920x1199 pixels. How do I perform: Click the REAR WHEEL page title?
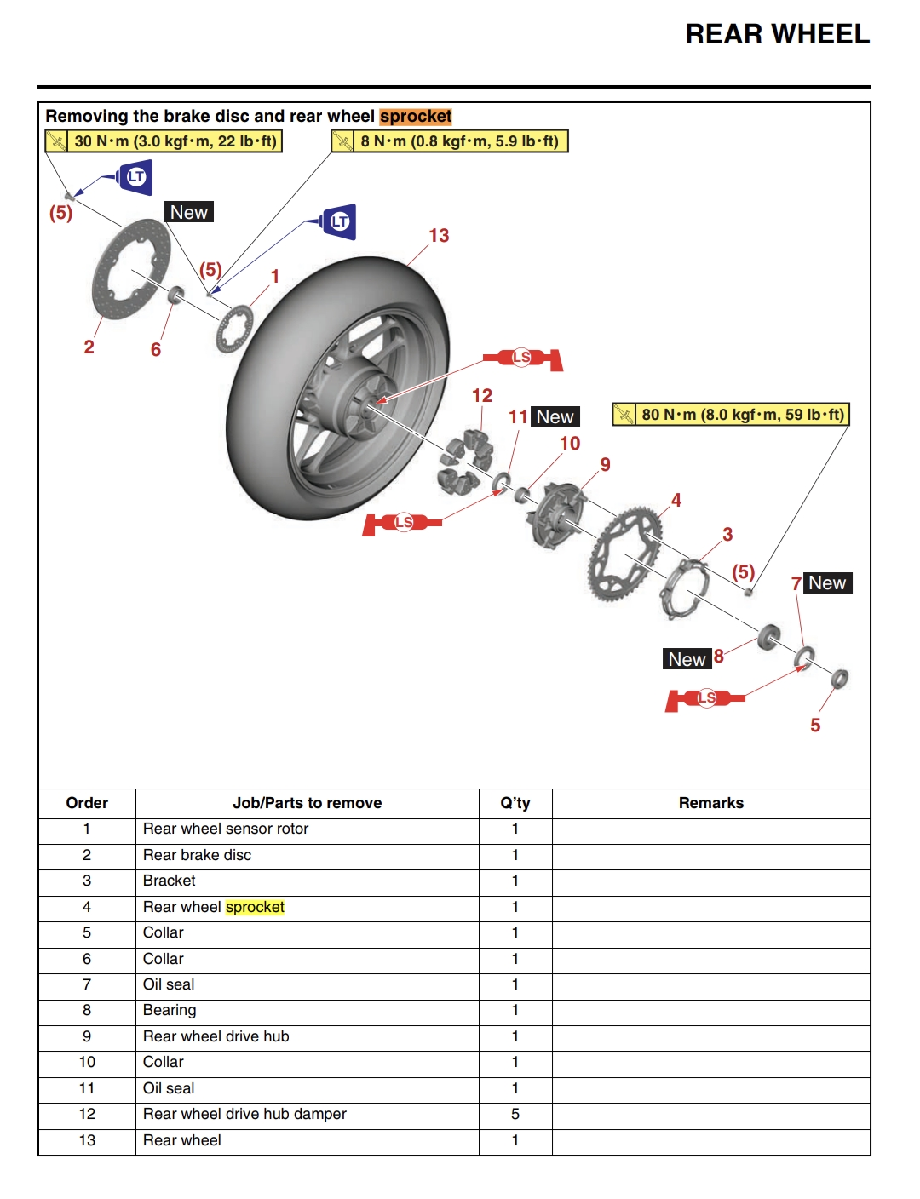(x=777, y=34)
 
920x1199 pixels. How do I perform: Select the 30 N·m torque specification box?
(x=164, y=141)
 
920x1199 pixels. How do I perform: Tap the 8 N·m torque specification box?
(x=450, y=141)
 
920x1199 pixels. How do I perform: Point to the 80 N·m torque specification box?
(x=732, y=415)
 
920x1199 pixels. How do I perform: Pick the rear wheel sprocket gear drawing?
(x=624, y=554)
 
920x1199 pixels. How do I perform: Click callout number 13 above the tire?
(x=439, y=236)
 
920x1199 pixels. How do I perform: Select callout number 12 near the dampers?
(x=482, y=396)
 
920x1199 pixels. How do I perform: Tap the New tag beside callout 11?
(x=555, y=417)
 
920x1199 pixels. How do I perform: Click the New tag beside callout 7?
(x=827, y=583)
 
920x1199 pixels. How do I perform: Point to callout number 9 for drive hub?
(x=605, y=465)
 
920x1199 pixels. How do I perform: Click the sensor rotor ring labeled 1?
(x=234, y=329)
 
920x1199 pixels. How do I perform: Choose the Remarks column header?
(x=710, y=803)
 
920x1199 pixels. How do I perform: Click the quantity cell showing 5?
(x=515, y=1114)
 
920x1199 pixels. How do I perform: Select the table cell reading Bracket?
(x=170, y=881)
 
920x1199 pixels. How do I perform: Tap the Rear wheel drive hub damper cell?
(x=244, y=1114)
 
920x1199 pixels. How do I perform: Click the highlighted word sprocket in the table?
(x=255, y=907)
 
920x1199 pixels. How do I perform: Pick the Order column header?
(x=87, y=803)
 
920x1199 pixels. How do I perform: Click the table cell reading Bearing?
(x=170, y=1010)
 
